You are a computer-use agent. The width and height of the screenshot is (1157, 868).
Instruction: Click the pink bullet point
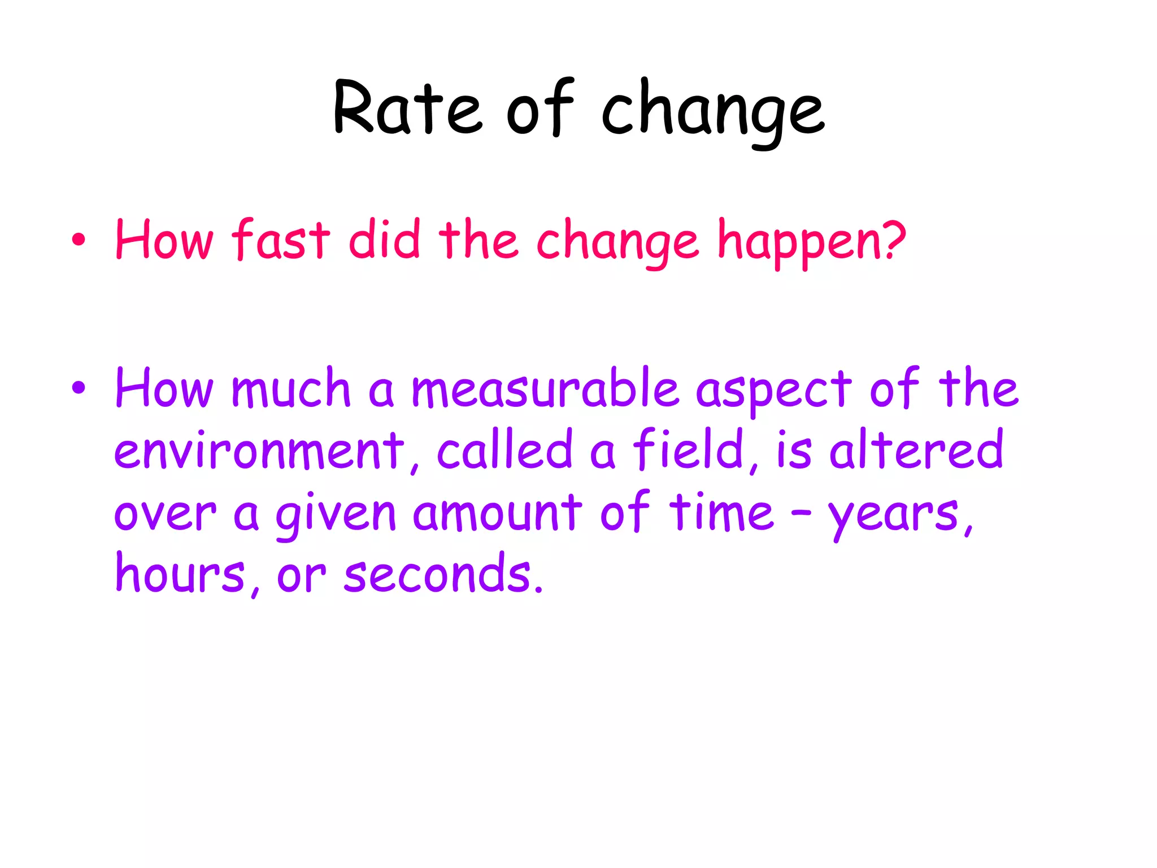79,240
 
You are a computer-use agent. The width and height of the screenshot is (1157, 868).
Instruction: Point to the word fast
281,240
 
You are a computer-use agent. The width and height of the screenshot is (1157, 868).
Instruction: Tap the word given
336,514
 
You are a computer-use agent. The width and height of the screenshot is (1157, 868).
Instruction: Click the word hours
180,574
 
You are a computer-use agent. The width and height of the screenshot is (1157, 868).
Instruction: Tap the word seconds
438,574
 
